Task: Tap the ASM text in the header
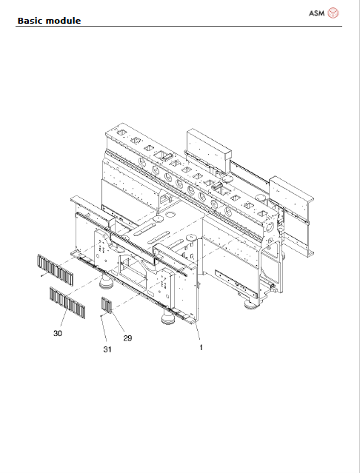click(x=316, y=13)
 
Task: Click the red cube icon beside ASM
click(x=334, y=13)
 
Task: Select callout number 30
click(x=58, y=334)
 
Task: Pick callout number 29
click(x=127, y=338)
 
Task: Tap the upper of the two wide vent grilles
click(x=53, y=269)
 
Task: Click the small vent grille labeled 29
click(x=106, y=305)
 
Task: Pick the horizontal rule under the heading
click(x=180, y=26)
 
